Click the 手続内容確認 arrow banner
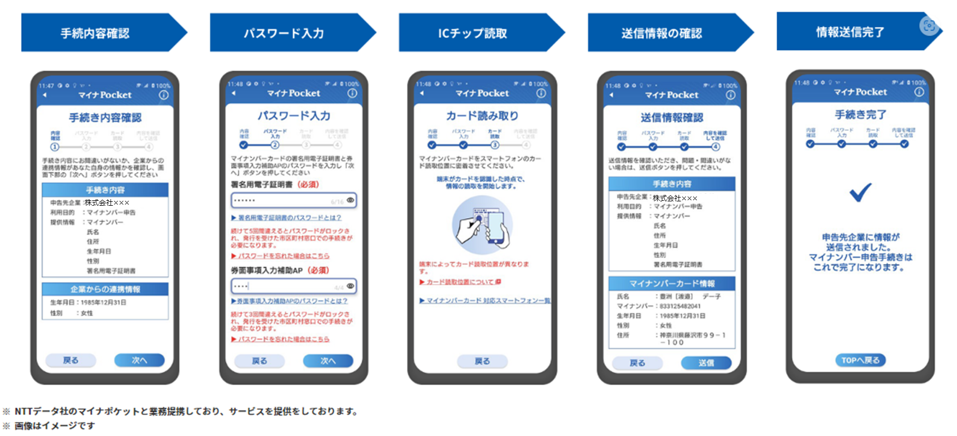point(96,33)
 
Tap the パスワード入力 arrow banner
point(284,33)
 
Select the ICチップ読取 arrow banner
point(473,33)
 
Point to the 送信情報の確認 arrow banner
point(662,33)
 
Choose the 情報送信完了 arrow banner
point(850,32)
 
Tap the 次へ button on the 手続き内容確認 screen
point(139,360)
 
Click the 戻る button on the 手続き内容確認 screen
point(70,360)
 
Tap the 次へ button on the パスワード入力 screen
point(328,361)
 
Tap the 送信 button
point(706,363)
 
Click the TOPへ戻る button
point(860,360)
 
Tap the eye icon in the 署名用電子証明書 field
point(351,200)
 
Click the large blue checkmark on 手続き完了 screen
point(860,192)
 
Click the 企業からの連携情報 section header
point(105,289)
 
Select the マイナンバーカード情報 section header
point(672,284)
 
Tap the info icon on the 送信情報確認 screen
point(730,95)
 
